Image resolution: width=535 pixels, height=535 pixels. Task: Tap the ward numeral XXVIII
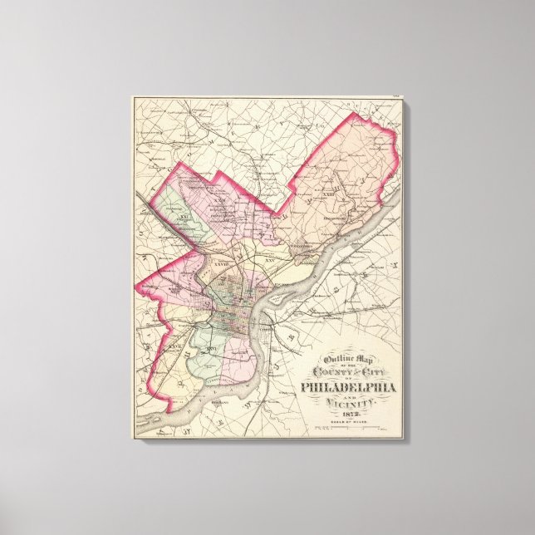coord(219,265)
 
